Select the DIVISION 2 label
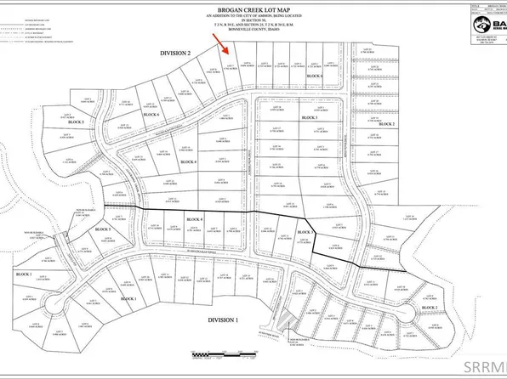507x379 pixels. (180, 53)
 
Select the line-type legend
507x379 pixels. (26, 26)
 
